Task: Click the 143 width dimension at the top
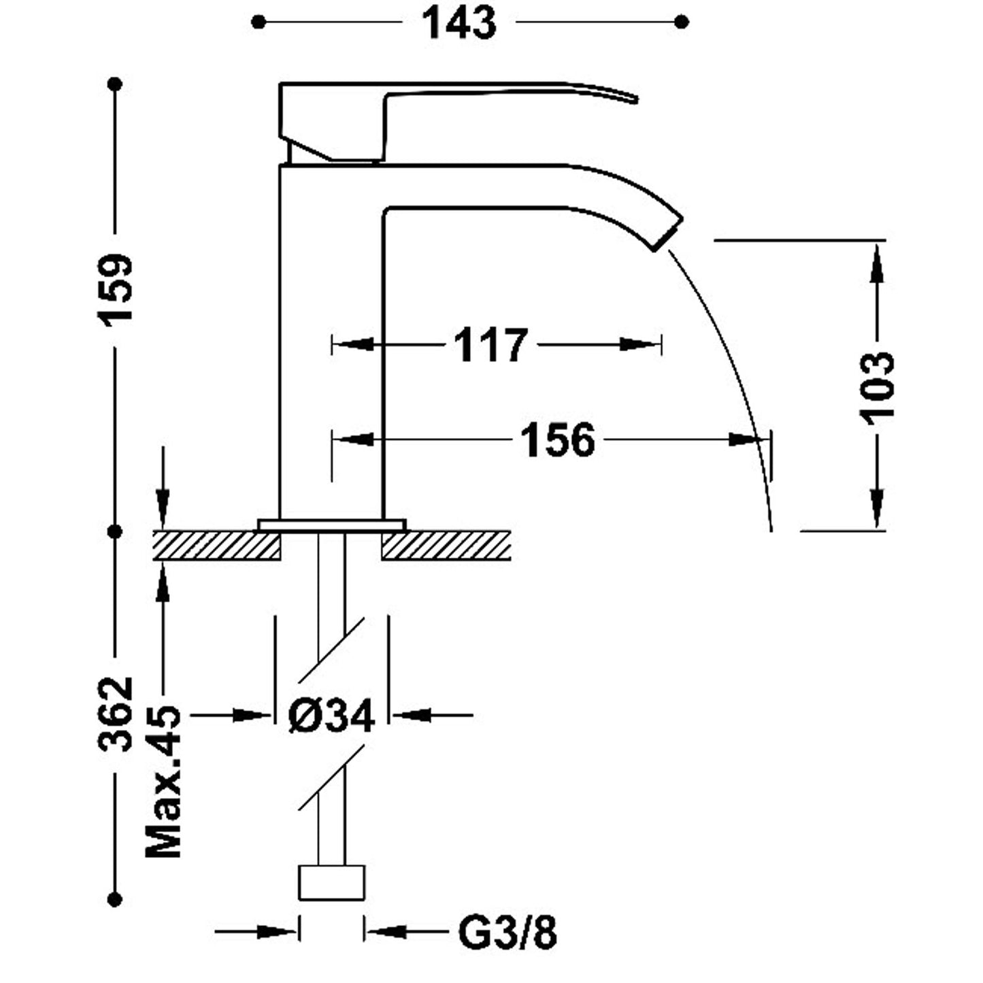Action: pyautogui.click(x=459, y=23)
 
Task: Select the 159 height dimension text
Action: pyautogui.click(x=115, y=289)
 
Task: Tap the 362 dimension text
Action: pyautogui.click(x=115, y=714)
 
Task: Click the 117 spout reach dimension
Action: pyautogui.click(x=490, y=345)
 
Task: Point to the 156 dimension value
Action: pyautogui.click(x=557, y=440)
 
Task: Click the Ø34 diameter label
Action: pyautogui.click(x=331, y=716)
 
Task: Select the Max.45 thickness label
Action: pyautogui.click(x=163, y=782)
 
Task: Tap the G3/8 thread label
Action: pyautogui.click(x=507, y=933)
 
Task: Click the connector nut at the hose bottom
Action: pyautogui.click(x=332, y=882)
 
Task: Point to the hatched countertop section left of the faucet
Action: pyautogui.click(x=216, y=546)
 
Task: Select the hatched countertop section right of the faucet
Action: pyautogui.click(x=446, y=546)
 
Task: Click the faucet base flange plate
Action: pyautogui.click(x=332, y=524)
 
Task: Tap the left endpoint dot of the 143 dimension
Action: pyautogui.click(x=257, y=22)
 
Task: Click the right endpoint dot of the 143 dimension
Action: pyautogui.click(x=682, y=22)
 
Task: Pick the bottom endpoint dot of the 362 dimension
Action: pyautogui.click(x=115, y=899)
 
